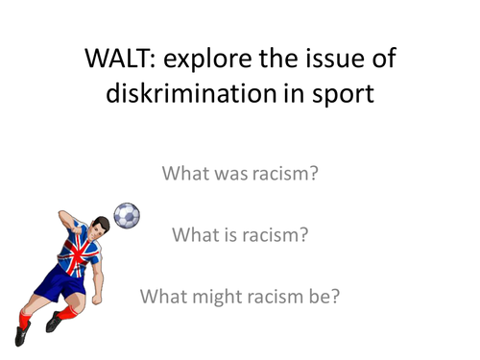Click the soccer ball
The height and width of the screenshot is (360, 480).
tap(127, 215)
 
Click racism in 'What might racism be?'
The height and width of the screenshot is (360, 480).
tap(272, 295)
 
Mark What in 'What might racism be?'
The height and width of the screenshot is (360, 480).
tap(162, 295)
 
